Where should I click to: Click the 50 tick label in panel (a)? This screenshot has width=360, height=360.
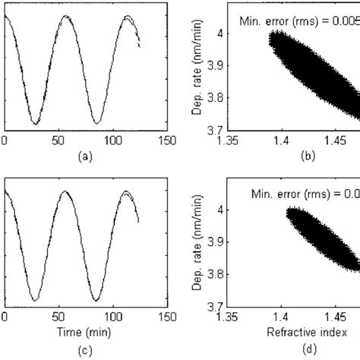[59, 141]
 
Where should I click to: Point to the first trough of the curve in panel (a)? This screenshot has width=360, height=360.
[35, 124]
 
